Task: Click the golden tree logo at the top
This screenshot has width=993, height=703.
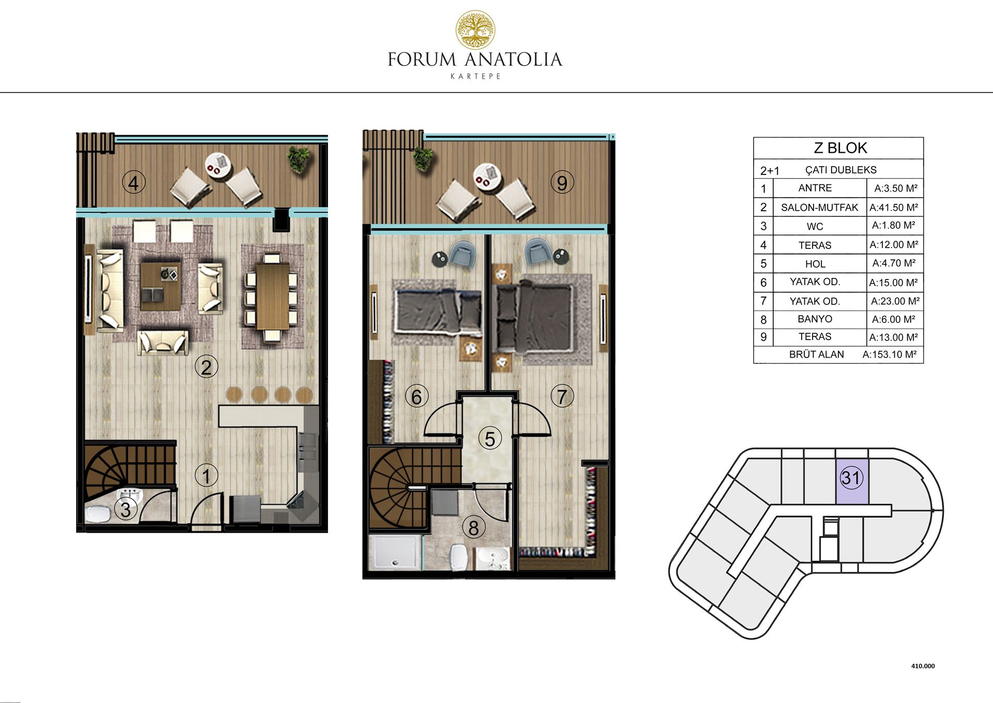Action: pyautogui.click(x=475, y=30)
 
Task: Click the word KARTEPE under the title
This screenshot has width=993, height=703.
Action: pyautogui.click(x=475, y=77)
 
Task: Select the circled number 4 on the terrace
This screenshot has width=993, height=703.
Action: pyautogui.click(x=133, y=183)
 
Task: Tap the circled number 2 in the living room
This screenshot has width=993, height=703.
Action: pyautogui.click(x=206, y=367)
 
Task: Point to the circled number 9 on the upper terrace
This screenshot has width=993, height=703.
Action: pyautogui.click(x=562, y=182)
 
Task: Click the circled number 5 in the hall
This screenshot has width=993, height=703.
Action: pyautogui.click(x=490, y=438)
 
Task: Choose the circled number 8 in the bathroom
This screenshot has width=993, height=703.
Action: pyautogui.click(x=473, y=528)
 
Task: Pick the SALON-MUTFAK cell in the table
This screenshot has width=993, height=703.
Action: pyautogui.click(x=819, y=208)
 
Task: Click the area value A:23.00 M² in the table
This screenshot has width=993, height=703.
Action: pyautogui.click(x=895, y=301)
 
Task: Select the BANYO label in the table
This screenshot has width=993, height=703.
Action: pyautogui.click(x=815, y=319)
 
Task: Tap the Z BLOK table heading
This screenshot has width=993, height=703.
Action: pyautogui.click(x=840, y=148)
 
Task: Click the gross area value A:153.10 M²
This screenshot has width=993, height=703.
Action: pyautogui.click(x=890, y=355)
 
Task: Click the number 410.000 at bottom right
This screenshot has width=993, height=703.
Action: pyautogui.click(x=923, y=666)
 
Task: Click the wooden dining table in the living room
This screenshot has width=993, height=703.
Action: pyautogui.click(x=273, y=296)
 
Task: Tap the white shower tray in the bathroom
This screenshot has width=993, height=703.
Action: pyautogui.click(x=396, y=552)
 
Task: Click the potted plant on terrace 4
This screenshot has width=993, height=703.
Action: pyautogui.click(x=299, y=158)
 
